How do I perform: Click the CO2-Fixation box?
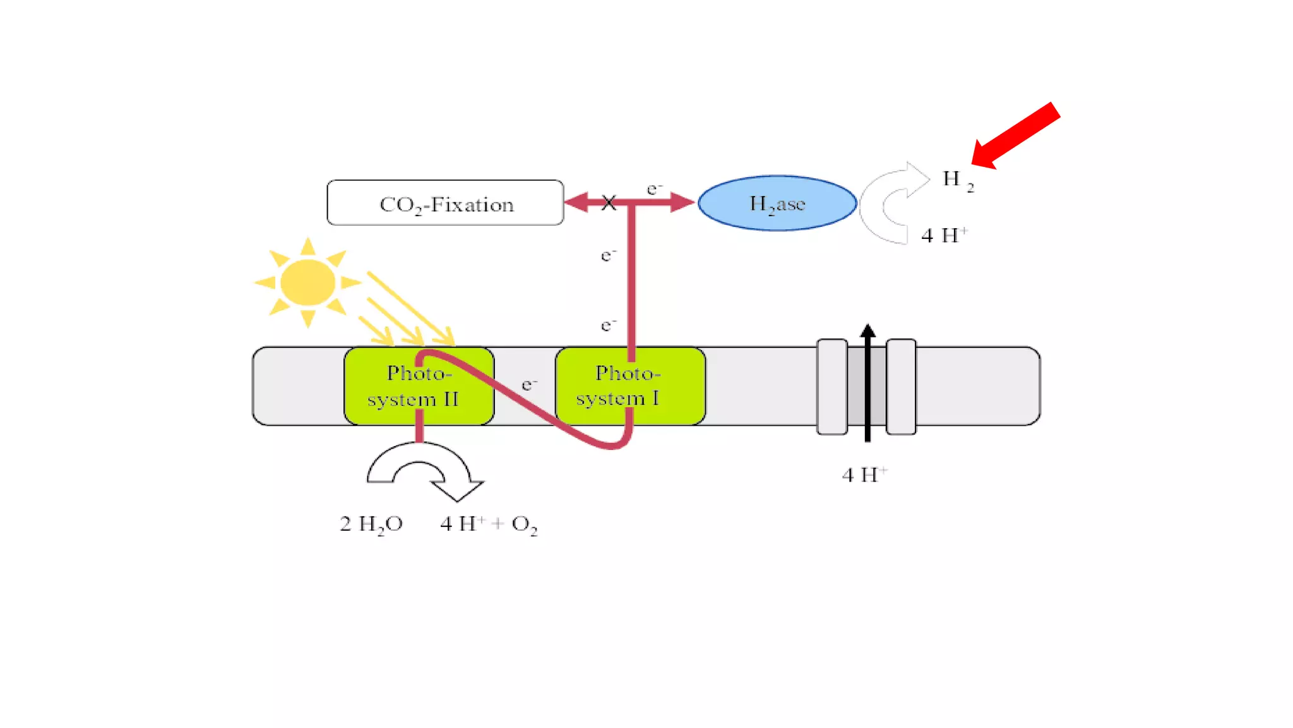click(445, 203)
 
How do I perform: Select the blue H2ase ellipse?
click(777, 203)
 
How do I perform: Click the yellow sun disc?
click(307, 282)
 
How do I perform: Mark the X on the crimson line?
click(609, 203)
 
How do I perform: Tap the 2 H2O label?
click(371, 524)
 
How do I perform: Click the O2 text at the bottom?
click(524, 525)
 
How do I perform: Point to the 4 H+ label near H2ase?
click(944, 236)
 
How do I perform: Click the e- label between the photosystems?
click(529, 384)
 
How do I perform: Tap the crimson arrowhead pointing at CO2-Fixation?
click(576, 203)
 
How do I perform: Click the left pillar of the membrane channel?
click(832, 387)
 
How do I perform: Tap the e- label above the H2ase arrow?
click(654, 188)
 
